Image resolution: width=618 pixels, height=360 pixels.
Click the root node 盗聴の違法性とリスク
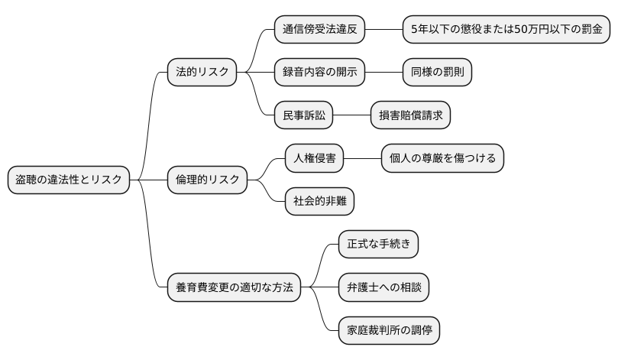coord(69,180)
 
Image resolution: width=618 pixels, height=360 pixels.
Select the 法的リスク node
coord(202,72)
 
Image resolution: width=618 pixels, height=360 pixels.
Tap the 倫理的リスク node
coord(208,180)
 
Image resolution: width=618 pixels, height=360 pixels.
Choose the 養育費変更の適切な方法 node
coord(234,287)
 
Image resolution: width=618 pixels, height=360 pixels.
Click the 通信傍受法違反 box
coord(319,30)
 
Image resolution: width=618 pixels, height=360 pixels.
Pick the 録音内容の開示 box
coord(319,72)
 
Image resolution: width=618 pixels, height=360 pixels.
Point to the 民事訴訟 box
coord(304,115)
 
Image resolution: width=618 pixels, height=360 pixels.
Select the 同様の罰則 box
coord(437,72)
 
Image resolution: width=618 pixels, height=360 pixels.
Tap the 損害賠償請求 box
coord(410,115)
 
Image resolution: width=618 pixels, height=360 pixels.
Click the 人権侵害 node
coord(315,158)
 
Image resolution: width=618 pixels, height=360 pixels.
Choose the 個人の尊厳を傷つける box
coord(442,158)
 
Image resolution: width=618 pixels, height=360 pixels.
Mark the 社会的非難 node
coord(319,201)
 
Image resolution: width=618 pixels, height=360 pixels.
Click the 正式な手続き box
coord(379,245)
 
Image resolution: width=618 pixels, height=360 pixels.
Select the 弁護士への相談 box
coord(383,287)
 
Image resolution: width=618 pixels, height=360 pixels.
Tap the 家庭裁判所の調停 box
coord(390,330)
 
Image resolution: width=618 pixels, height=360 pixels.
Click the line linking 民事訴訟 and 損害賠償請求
coord(352,115)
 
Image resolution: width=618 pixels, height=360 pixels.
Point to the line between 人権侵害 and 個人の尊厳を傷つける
coord(363,158)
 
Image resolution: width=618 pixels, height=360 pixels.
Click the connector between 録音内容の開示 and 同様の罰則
coord(383,72)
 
